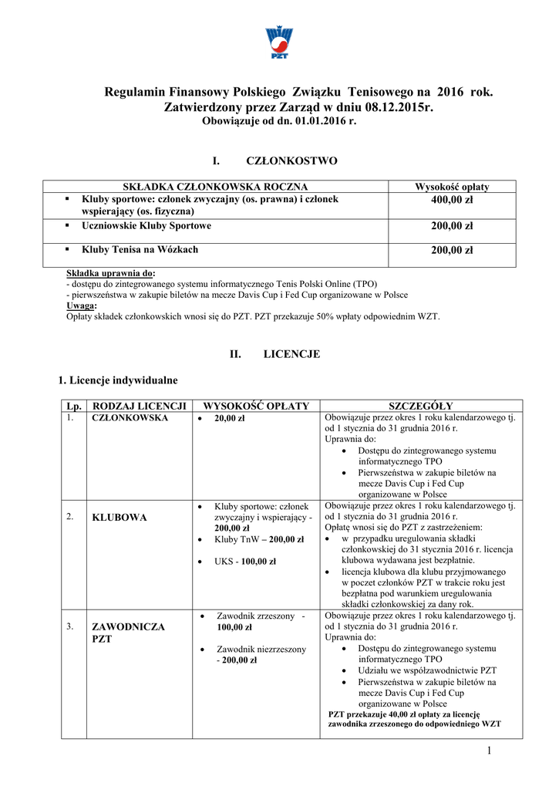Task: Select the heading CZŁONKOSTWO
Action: pos(291,160)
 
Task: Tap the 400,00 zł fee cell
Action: pos(452,201)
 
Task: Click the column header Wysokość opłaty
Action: pos(452,187)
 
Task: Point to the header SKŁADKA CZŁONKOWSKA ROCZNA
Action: pos(216,187)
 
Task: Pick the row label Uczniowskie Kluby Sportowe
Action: pos(146,226)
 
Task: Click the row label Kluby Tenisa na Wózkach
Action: pos(140,249)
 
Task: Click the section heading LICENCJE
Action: pos(291,354)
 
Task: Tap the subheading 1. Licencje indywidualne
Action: pos(118,380)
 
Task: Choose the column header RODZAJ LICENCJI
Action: pos(140,406)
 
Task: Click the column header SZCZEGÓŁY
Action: pos(420,406)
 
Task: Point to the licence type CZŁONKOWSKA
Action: pos(130,418)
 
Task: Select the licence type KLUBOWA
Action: pos(119,517)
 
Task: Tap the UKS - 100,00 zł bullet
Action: pos(245,562)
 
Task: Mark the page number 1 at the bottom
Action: pos(489,751)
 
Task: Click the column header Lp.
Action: pos(74,406)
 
